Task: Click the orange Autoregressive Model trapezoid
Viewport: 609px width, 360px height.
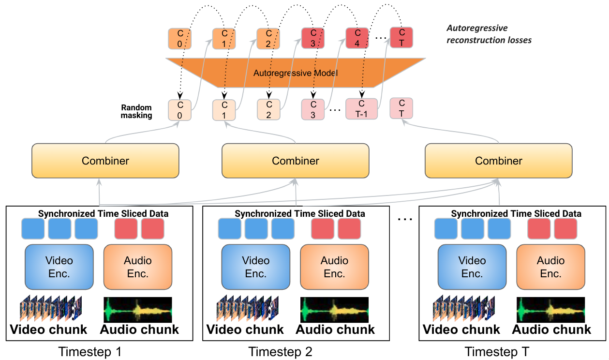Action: point(295,73)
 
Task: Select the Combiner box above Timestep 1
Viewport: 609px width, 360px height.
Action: point(105,160)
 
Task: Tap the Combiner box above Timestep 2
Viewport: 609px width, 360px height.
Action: point(295,160)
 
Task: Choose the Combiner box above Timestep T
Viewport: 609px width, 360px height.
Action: point(498,160)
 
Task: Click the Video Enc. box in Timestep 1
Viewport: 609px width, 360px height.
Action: point(59,267)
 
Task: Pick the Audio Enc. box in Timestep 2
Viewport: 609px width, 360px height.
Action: point(334,267)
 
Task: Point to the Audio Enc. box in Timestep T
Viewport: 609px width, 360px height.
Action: point(550,267)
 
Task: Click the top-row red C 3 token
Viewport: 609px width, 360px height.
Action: point(313,38)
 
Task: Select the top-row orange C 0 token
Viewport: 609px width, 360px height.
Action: point(180,38)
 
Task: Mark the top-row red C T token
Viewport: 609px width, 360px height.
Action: point(401,38)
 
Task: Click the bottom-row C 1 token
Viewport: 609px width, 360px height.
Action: point(224,110)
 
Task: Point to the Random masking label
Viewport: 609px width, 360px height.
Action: point(137,111)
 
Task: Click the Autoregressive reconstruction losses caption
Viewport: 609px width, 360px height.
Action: point(489,34)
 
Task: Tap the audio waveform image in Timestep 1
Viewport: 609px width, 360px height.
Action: point(138,310)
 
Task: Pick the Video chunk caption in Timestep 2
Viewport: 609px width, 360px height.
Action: point(245,330)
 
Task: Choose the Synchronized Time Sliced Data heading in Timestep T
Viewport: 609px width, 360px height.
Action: point(516,213)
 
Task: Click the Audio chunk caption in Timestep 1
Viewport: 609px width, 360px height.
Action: point(139,330)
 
